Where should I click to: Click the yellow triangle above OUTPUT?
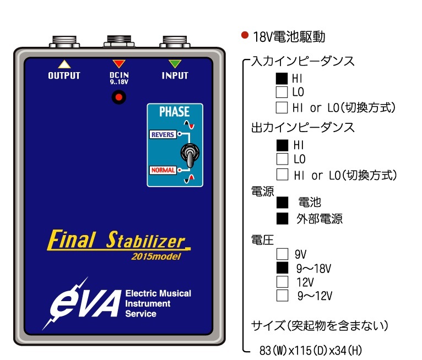click(x=64, y=63)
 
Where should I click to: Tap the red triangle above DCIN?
click(x=118, y=63)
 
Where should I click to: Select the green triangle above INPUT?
click(x=175, y=63)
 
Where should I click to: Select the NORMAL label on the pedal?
click(x=163, y=170)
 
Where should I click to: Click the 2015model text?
click(x=156, y=255)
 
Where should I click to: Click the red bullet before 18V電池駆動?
click(x=245, y=35)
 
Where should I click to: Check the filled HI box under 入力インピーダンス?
click(x=282, y=79)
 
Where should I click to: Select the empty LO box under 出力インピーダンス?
click(x=282, y=160)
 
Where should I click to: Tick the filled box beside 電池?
click(x=283, y=203)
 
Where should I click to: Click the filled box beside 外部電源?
click(x=283, y=218)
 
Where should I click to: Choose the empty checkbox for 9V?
click(x=282, y=254)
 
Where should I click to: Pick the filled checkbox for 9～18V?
click(x=282, y=268)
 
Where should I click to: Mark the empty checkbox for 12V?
click(x=282, y=282)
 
